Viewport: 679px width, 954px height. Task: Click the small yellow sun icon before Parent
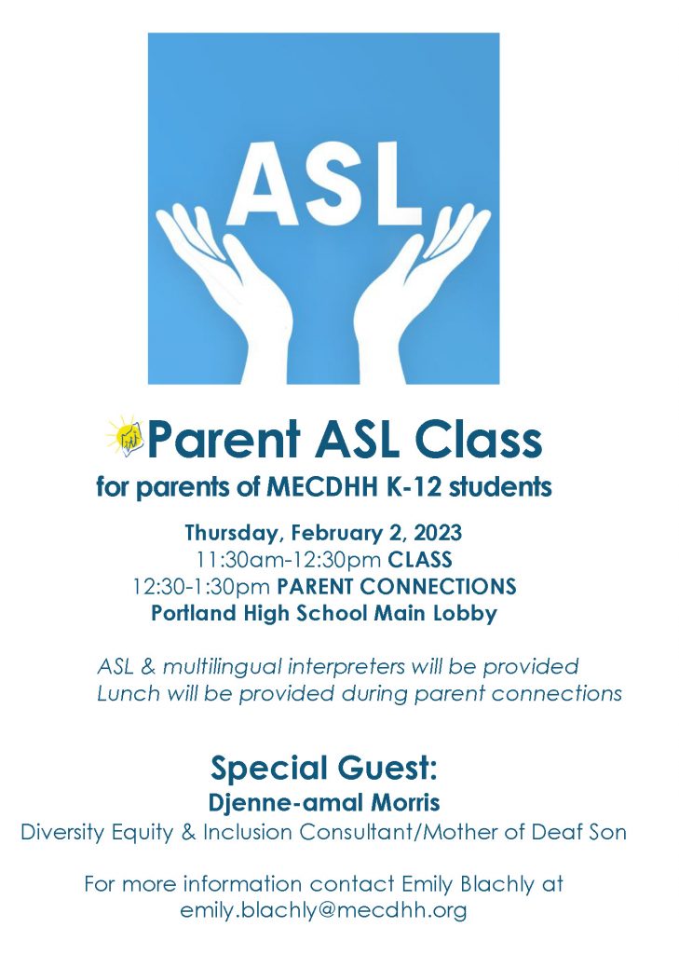point(125,436)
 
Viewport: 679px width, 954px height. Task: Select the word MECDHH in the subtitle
point(319,487)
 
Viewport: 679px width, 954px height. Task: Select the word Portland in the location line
point(196,614)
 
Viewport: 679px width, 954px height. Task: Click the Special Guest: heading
point(323,769)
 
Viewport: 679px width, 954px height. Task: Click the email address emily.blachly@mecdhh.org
point(323,910)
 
